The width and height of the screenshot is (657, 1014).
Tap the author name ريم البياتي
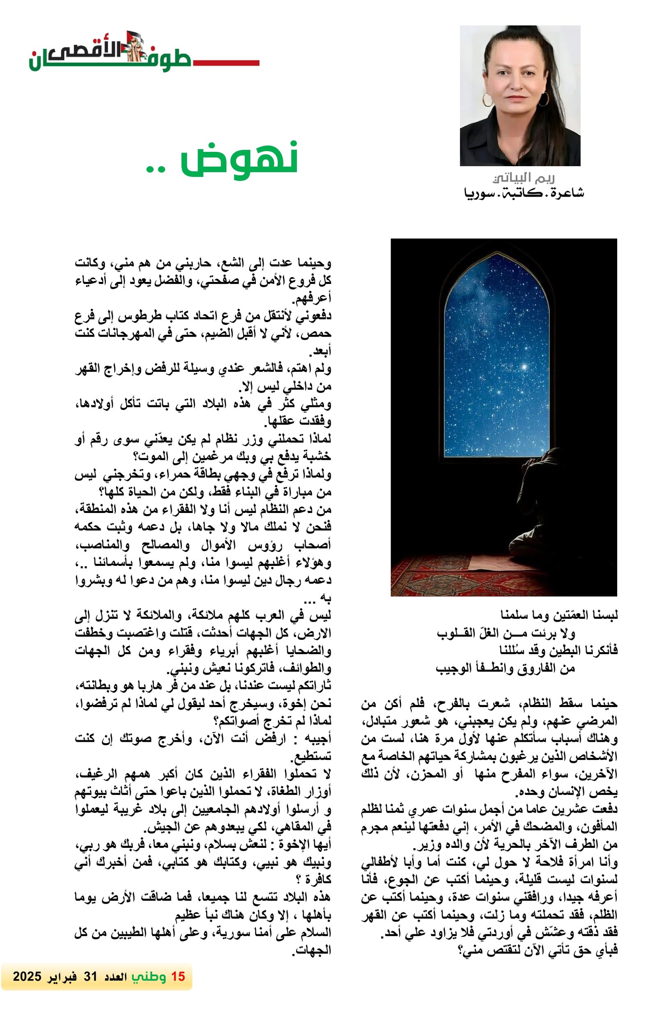tap(523, 178)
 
